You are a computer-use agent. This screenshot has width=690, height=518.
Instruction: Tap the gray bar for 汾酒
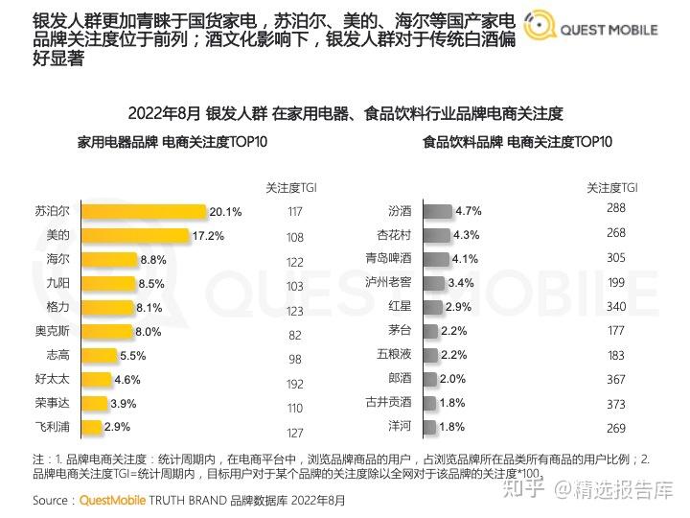(x=437, y=211)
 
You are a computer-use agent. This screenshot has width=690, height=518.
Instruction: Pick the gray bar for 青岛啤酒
(x=435, y=259)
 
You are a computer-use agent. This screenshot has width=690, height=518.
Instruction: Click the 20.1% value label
(x=225, y=211)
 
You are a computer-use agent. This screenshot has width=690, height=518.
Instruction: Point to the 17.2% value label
(x=208, y=235)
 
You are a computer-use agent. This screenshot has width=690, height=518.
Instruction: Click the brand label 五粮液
(x=395, y=355)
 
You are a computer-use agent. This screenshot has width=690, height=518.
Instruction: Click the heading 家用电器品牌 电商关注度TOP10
(x=172, y=142)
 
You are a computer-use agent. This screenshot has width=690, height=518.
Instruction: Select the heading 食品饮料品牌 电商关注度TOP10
(x=517, y=142)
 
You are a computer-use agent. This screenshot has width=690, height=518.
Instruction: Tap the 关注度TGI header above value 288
(x=613, y=188)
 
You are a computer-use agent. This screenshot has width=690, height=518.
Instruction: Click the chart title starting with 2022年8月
(x=345, y=112)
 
